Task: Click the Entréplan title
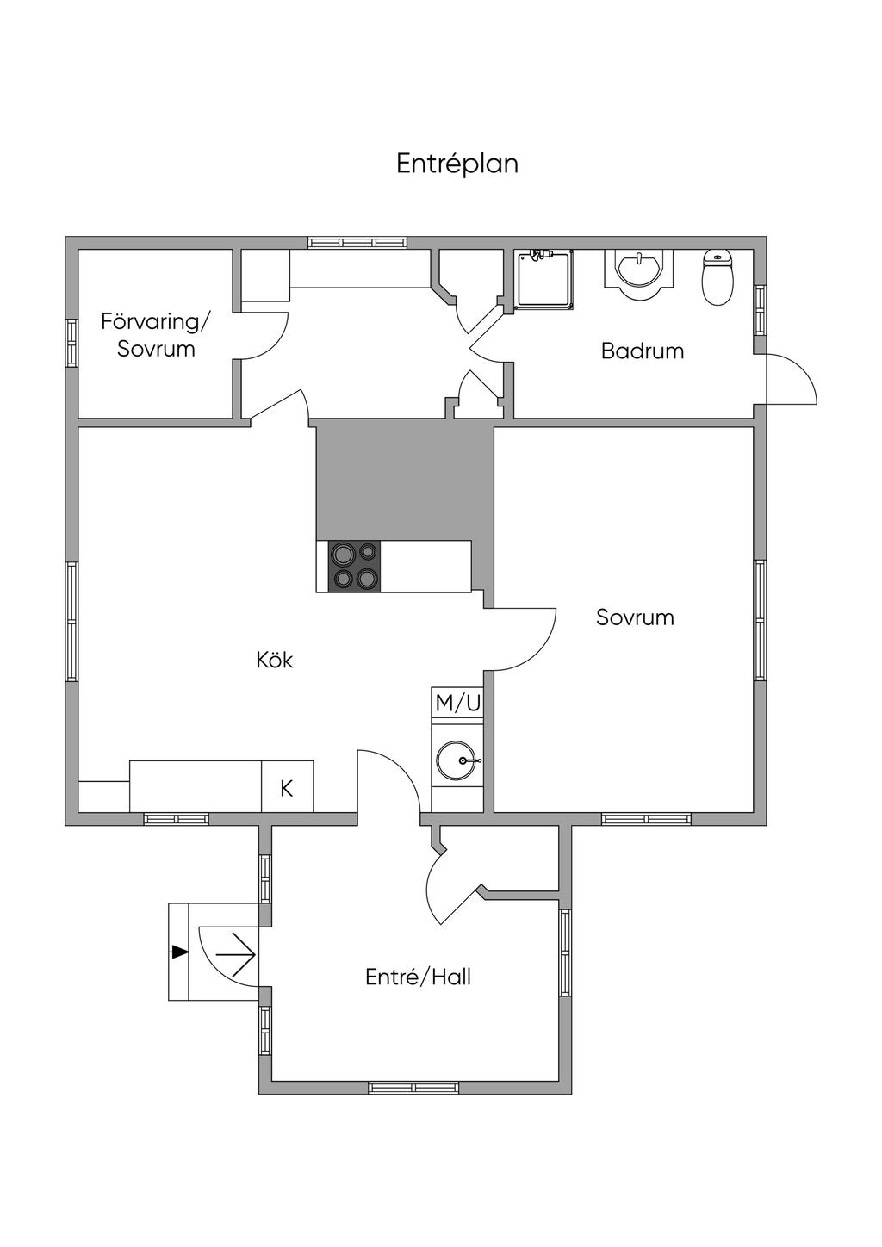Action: click(x=457, y=164)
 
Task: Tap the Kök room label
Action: click(x=275, y=661)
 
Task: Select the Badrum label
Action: click(x=643, y=351)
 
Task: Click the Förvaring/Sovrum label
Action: click(x=156, y=335)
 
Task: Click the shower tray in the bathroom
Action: click(x=544, y=280)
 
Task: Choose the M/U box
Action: click(x=457, y=703)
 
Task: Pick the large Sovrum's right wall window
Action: click(x=760, y=619)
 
